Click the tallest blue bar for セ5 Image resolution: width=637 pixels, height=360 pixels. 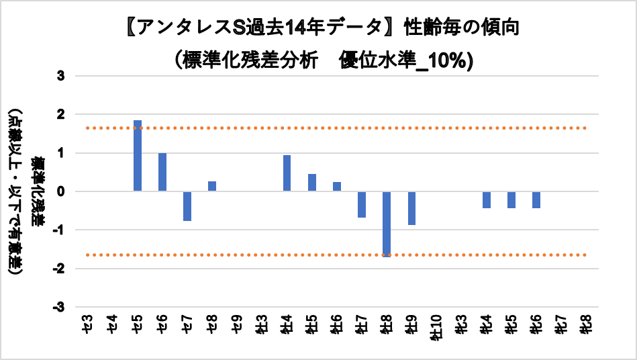(x=138, y=156)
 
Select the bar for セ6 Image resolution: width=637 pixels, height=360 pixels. (x=162, y=172)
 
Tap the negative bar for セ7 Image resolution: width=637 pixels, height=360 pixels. (x=187, y=206)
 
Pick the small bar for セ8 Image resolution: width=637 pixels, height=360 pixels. (x=212, y=186)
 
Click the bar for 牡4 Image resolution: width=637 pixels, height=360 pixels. (x=287, y=173)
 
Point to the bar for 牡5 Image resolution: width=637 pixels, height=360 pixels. (x=312, y=183)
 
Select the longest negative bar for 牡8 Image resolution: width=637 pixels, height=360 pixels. (x=387, y=224)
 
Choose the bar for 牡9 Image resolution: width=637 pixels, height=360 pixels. (x=411, y=208)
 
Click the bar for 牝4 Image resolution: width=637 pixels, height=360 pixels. (x=486, y=199)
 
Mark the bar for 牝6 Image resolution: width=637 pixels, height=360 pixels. (x=536, y=199)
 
